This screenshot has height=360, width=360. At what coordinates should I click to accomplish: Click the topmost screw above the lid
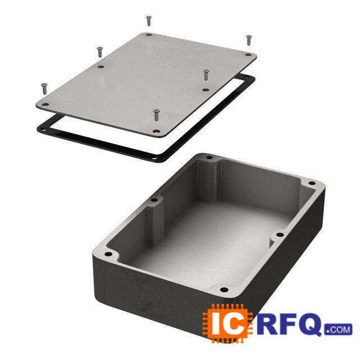(x=148, y=20)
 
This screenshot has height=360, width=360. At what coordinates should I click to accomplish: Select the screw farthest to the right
(x=249, y=40)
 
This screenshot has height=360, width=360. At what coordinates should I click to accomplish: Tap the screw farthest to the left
(x=44, y=88)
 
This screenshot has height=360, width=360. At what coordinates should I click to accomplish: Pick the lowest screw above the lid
(x=156, y=115)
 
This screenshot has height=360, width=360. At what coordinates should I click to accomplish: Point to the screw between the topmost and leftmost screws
(x=100, y=52)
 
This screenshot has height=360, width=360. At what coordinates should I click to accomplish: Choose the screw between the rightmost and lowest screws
(x=206, y=74)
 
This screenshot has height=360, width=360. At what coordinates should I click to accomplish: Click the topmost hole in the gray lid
(x=148, y=35)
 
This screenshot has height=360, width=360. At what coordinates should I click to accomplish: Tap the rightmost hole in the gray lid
(x=248, y=55)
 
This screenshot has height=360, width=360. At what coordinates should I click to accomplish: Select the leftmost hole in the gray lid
(x=45, y=105)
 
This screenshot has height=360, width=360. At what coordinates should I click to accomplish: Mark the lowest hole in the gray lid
(x=156, y=132)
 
